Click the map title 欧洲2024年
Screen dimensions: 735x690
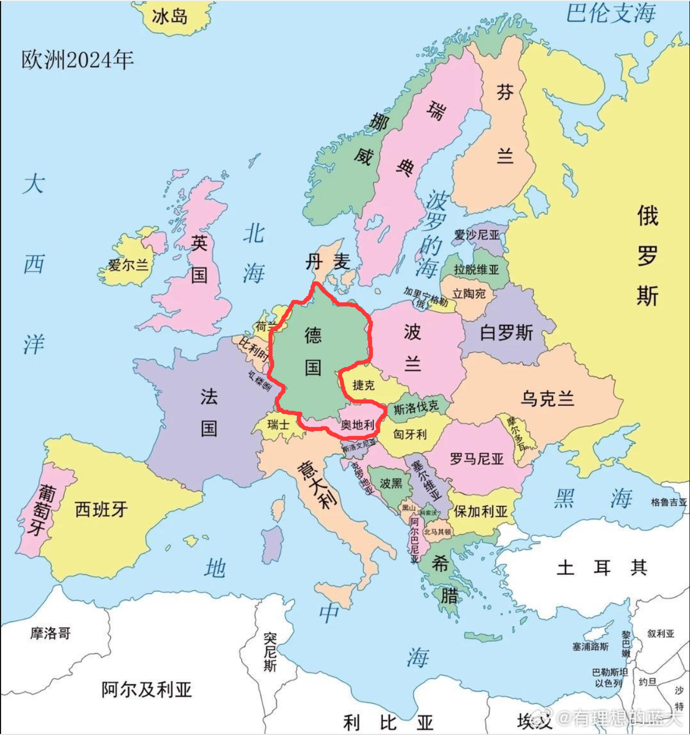77,60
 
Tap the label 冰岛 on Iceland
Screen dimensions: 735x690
169,16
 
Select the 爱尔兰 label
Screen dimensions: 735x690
128,265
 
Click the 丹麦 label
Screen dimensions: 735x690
327,262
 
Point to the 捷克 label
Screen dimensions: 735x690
363,385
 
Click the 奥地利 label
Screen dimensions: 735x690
357,425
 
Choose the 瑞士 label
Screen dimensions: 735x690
278,425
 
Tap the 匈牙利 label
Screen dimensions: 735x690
410,434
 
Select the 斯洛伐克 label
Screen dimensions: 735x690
416,408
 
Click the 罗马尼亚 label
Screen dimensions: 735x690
476,459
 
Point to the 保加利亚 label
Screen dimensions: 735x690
480,511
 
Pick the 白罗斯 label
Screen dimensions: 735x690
506,332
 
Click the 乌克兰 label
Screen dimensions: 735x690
547,399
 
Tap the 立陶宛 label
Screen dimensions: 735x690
469,294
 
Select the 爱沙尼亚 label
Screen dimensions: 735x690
477,235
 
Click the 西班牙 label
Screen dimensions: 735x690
101,509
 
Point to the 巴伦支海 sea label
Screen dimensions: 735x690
611,13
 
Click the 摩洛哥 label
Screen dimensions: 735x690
50,633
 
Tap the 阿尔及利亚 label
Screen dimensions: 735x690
146,689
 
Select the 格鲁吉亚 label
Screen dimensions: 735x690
668,502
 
